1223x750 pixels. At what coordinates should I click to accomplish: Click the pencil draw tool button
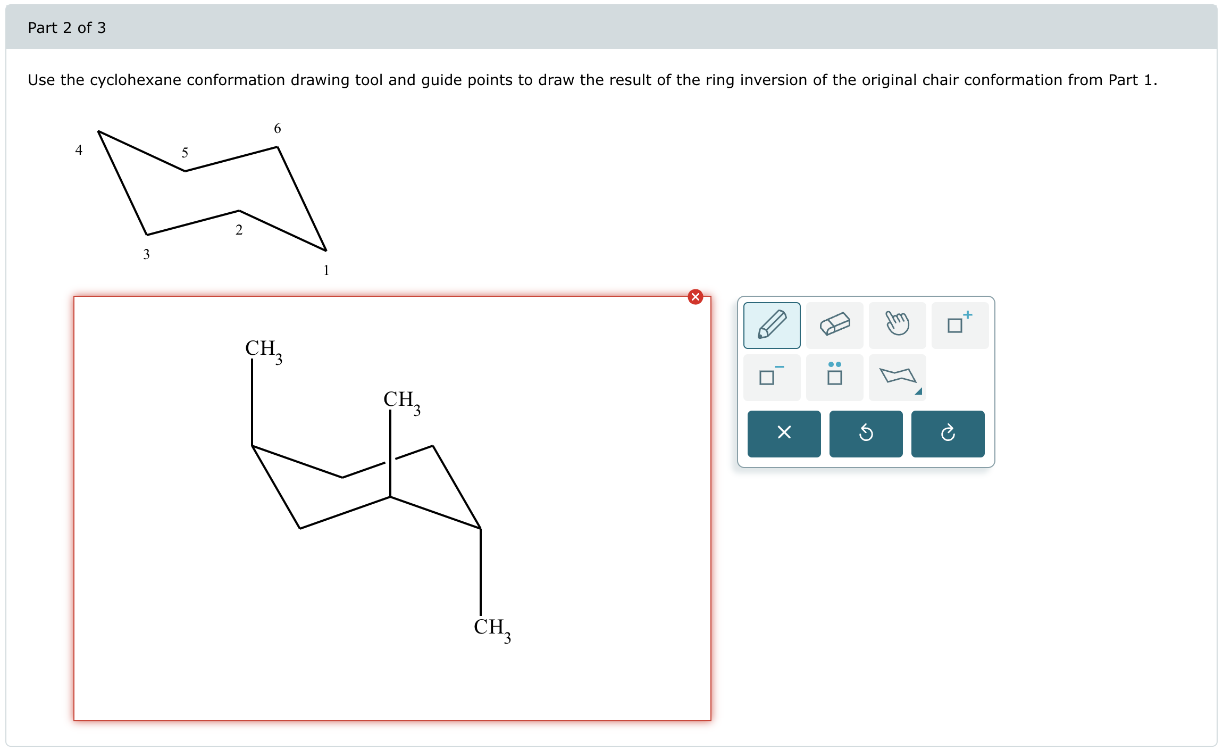click(x=772, y=325)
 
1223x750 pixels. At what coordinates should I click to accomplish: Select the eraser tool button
click(x=834, y=325)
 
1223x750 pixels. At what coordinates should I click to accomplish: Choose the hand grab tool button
click(x=897, y=325)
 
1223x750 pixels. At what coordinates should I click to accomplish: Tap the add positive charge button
click(x=960, y=325)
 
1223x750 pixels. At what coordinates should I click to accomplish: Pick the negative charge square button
click(x=772, y=377)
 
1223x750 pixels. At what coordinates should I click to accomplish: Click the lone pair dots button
click(x=834, y=377)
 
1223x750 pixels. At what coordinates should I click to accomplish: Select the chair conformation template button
click(x=897, y=377)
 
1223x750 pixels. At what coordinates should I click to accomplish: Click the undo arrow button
click(x=866, y=434)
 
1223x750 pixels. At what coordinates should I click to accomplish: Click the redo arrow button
click(x=948, y=434)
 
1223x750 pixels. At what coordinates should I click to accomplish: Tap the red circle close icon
click(x=695, y=297)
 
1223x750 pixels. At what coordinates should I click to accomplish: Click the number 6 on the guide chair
click(x=277, y=128)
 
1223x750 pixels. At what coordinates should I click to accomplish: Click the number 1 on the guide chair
click(x=326, y=270)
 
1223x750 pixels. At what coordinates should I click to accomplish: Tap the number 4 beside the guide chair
click(x=79, y=150)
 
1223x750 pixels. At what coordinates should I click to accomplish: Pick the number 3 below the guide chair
click(x=146, y=254)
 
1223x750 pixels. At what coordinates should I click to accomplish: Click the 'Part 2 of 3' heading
click(x=67, y=28)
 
